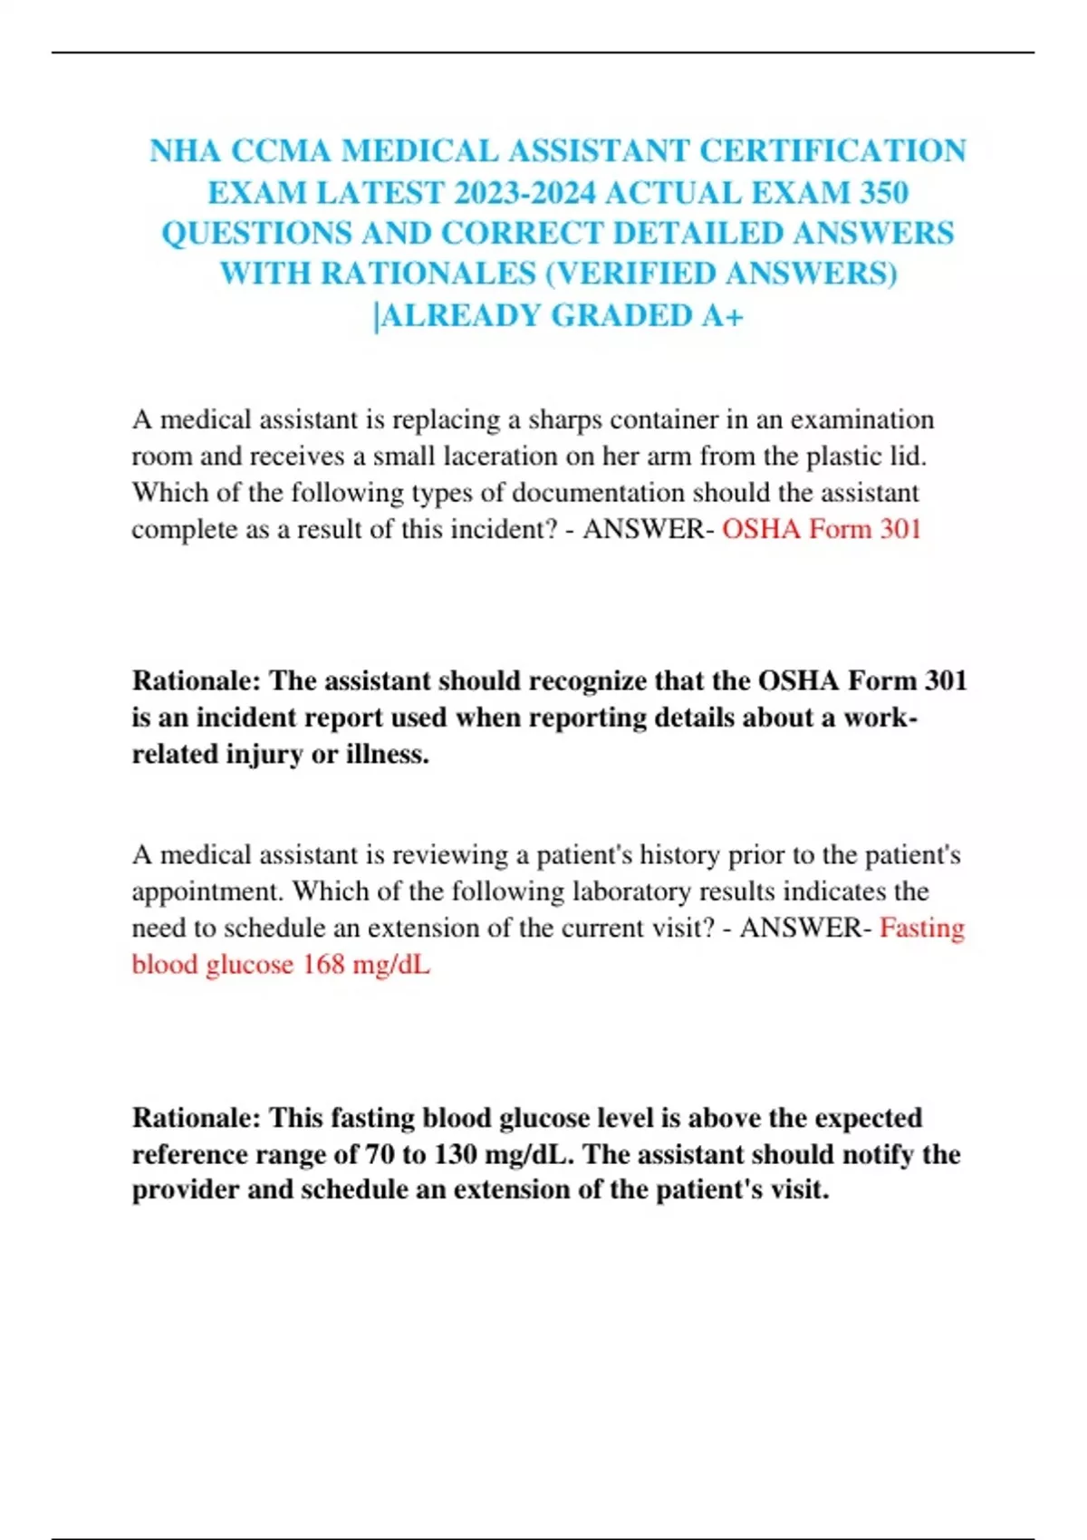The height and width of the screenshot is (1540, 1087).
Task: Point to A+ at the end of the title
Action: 722,315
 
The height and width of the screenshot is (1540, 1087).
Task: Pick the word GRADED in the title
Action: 621,315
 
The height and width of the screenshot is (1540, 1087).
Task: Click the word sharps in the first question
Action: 565,420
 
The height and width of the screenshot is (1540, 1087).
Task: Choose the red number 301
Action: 899,529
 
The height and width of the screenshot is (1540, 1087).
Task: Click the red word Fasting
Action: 921,928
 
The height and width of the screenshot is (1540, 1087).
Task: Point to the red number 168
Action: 323,964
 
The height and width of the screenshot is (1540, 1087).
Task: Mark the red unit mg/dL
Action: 391,964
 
